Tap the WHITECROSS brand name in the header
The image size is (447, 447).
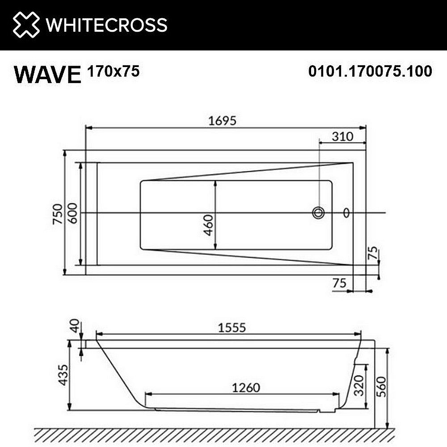coord(107,25)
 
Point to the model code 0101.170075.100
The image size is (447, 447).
coord(370,71)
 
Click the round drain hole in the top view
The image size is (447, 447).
coord(318,213)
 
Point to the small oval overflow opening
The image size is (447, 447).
coord(346,213)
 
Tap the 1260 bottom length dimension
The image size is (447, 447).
coord(245,387)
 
